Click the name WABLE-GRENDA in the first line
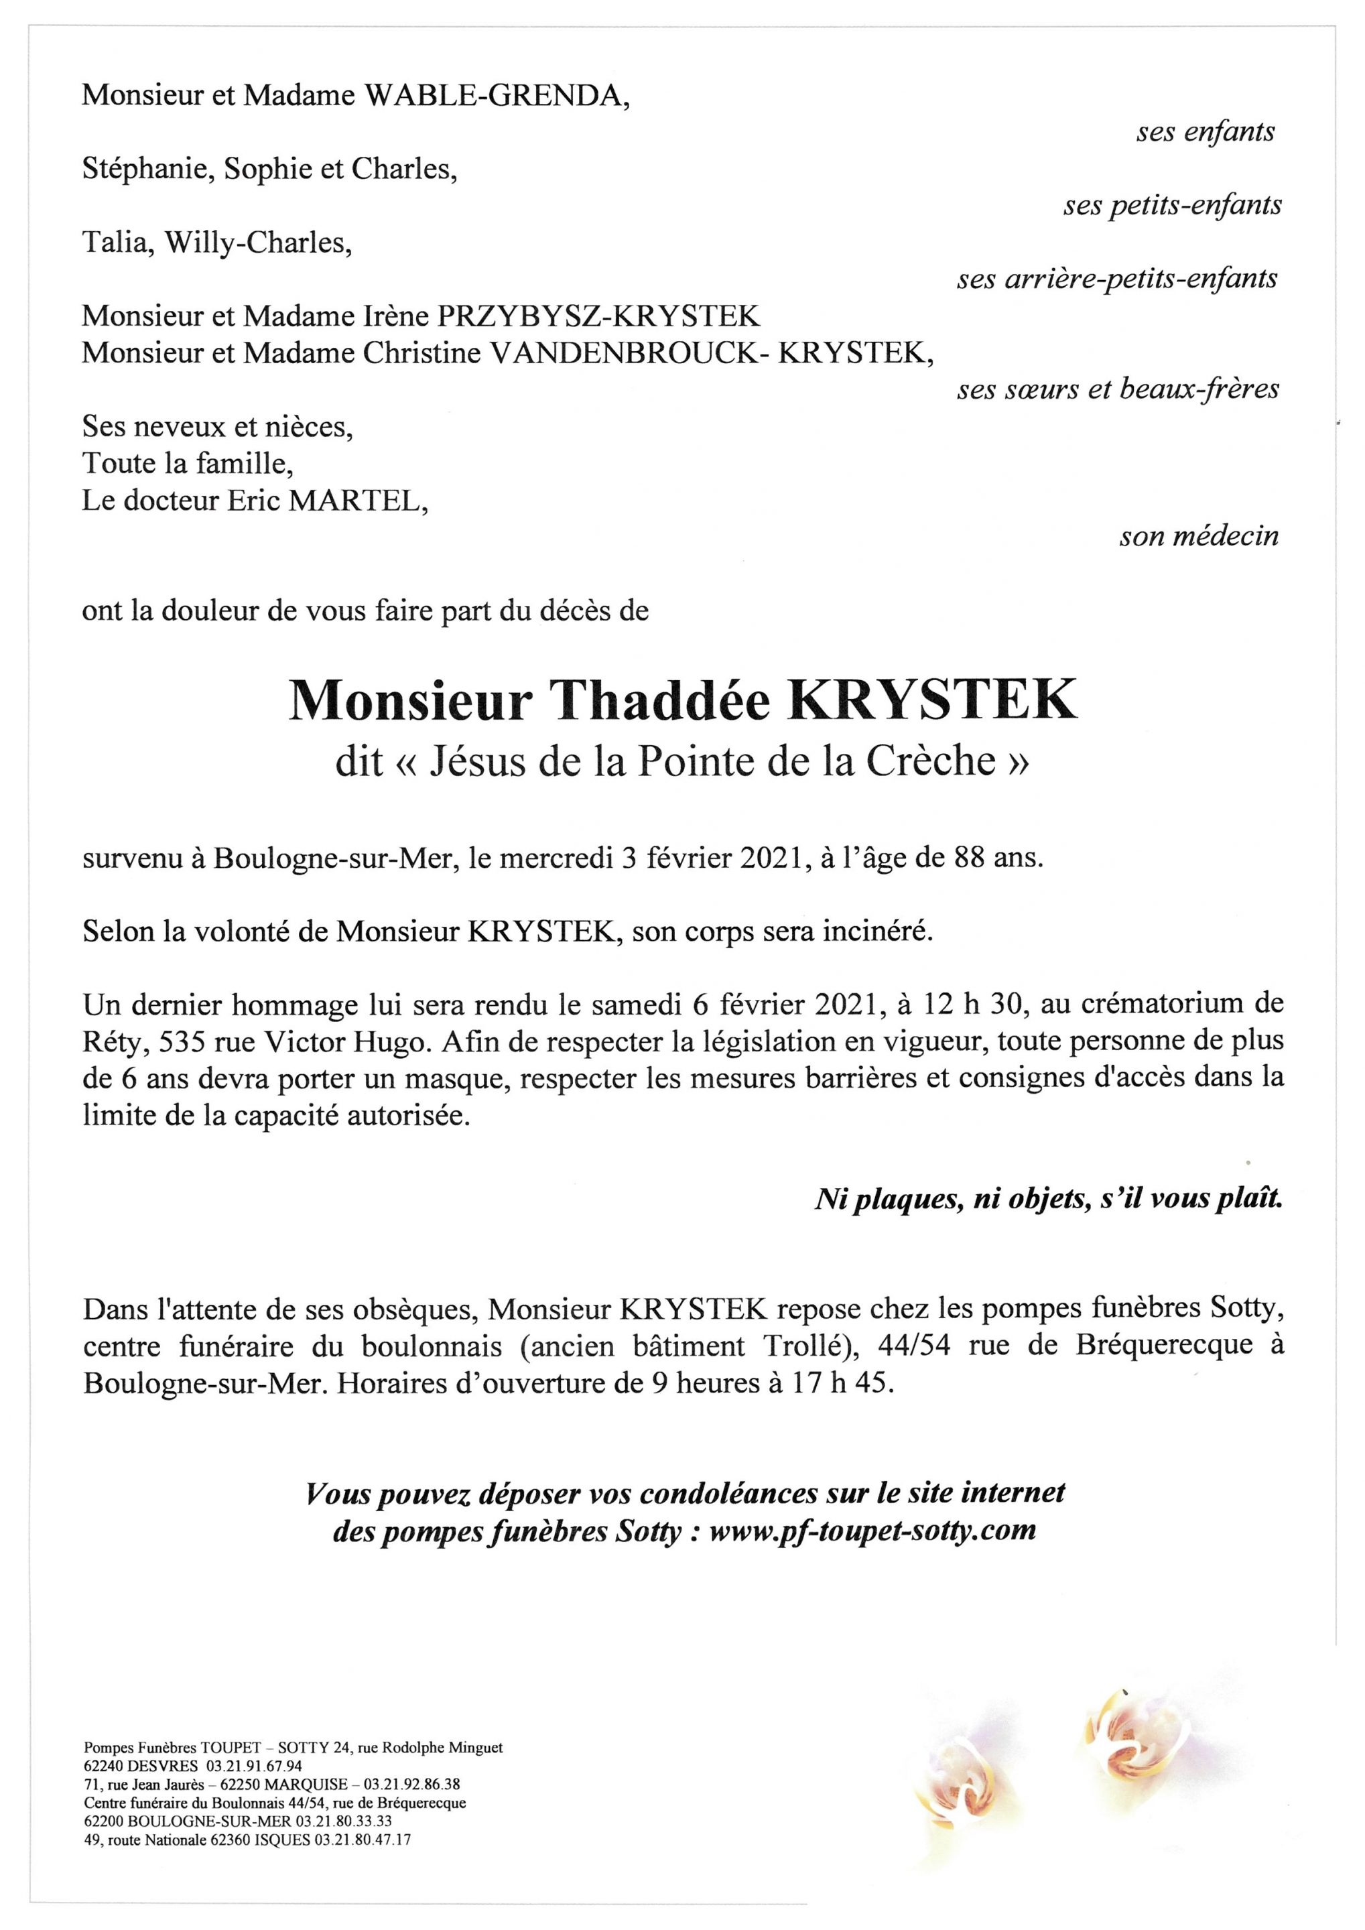pyautogui.click(x=495, y=96)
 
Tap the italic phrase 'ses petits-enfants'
pyautogui.click(x=1172, y=204)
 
